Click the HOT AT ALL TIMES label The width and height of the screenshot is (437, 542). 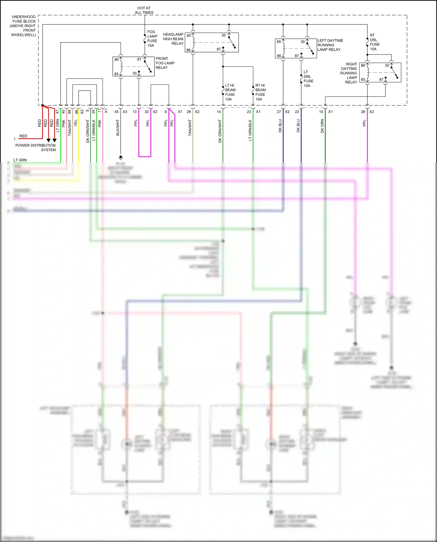tap(144, 10)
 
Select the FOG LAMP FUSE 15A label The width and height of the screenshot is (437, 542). tap(152, 38)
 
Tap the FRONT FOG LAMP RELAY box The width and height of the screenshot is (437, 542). tap(133, 67)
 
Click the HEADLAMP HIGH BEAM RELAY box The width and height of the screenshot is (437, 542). tap(212, 43)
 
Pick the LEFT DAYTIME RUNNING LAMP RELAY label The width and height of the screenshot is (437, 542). tap(330, 45)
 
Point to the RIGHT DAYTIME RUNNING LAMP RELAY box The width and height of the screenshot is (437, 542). tap(380, 73)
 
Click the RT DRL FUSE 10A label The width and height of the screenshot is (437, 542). tap(374, 42)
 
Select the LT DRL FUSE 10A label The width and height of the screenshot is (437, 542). tap(308, 79)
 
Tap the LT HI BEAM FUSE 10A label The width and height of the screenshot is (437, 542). tap(230, 92)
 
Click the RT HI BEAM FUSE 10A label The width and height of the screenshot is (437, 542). tap(260, 92)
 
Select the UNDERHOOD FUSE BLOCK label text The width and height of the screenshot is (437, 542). tap(23, 26)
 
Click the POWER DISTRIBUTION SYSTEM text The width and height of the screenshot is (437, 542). tap(36, 147)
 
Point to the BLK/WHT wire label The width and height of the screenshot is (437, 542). tap(118, 128)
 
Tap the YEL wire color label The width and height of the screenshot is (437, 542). tap(76, 123)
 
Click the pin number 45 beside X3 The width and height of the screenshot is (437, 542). tap(117, 112)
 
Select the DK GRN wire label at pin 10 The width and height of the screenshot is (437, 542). tap(322, 126)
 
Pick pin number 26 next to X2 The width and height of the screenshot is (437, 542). tap(363, 112)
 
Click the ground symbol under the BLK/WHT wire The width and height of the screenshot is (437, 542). tap(121, 158)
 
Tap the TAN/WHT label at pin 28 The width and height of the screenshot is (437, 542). tap(190, 128)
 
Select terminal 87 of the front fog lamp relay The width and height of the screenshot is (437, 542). tap(139, 59)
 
